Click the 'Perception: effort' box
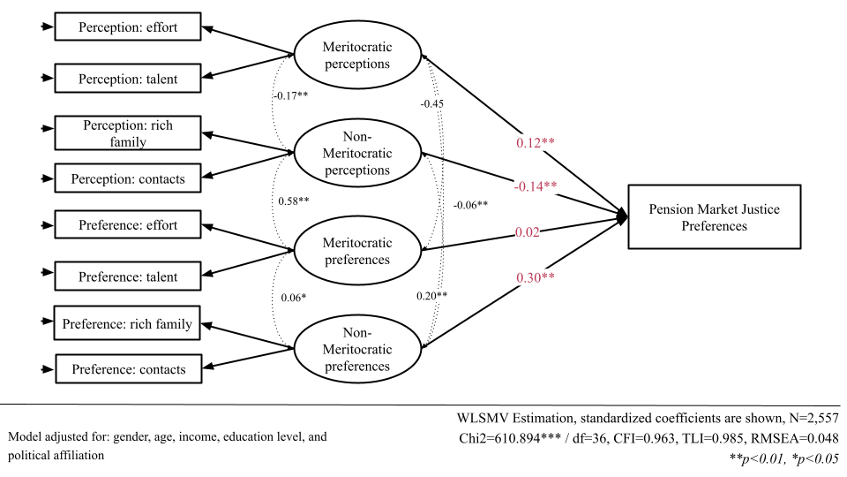pyautogui.click(x=128, y=27)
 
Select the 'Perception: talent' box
pyautogui.click(x=128, y=79)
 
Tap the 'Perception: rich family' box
pyautogui.click(x=128, y=133)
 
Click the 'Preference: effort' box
pyautogui.click(x=128, y=225)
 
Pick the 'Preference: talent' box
pyautogui.click(x=128, y=276)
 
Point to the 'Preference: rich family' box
pyautogui.click(x=127, y=323)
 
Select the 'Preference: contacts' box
pyautogui.click(x=129, y=368)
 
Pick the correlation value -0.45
pyautogui.click(x=432, y=103)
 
